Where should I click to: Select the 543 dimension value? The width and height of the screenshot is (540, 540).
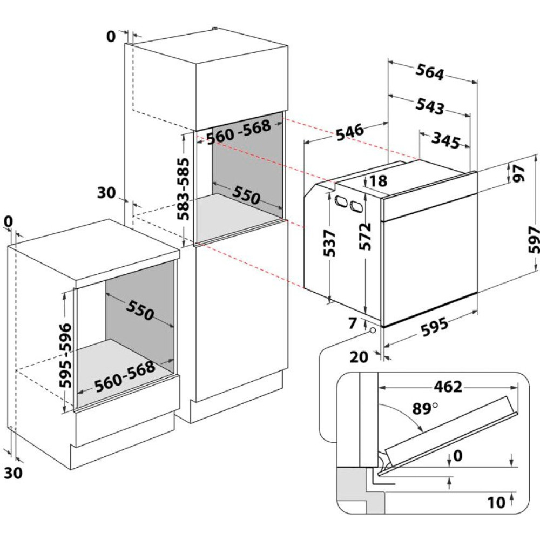pyautogui.click(x=430, y=106)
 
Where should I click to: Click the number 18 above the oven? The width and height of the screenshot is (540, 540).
pyautogui.click(x=379, y=181)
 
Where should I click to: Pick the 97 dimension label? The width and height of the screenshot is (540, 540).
pyautogui.click(x=519, y=174)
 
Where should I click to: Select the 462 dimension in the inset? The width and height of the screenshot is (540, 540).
pyautogui.click(x=447, y=387)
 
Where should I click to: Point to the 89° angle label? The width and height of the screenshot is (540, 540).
pyautogui.click(x=425, y=409)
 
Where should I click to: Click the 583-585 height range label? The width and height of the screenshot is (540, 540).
pyautogui.click(x=185, y=187)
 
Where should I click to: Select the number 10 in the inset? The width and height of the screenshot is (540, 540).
pyautogui.click(x=496, y=503)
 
